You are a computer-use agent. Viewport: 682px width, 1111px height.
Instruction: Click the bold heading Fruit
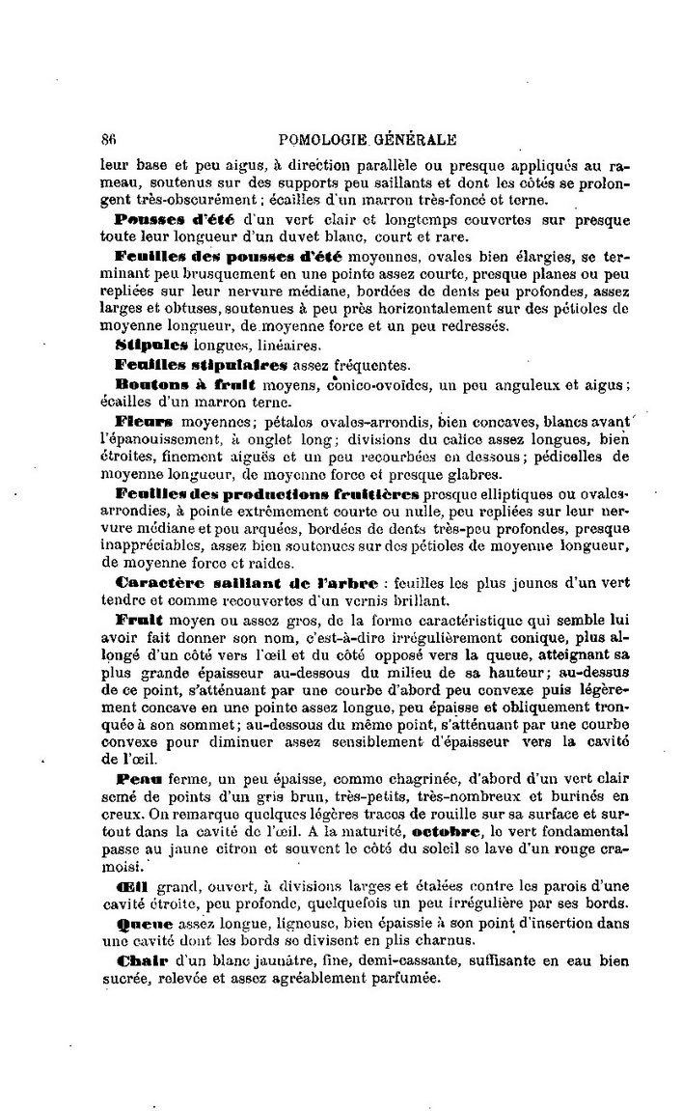coord(139,618)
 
